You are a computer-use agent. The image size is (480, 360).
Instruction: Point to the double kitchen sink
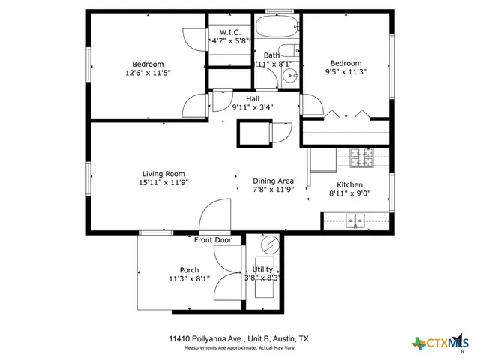[354, 220]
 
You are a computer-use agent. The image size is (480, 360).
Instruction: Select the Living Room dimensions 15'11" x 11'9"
[163, 182]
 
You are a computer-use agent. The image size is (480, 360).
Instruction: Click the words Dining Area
[273, 181]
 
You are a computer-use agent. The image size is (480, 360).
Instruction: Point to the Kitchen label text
[349, 185]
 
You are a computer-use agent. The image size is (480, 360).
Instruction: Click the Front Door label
[213, 240]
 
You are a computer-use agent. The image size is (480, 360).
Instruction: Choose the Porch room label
[189, 270]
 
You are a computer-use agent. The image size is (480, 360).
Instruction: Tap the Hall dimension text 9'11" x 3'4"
[253, 107]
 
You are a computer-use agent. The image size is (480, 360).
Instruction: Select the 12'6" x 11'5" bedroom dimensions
[148, 73]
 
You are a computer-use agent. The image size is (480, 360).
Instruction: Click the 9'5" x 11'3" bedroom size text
[346, 73]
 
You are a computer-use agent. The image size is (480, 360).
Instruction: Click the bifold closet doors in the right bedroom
[346, 114]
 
